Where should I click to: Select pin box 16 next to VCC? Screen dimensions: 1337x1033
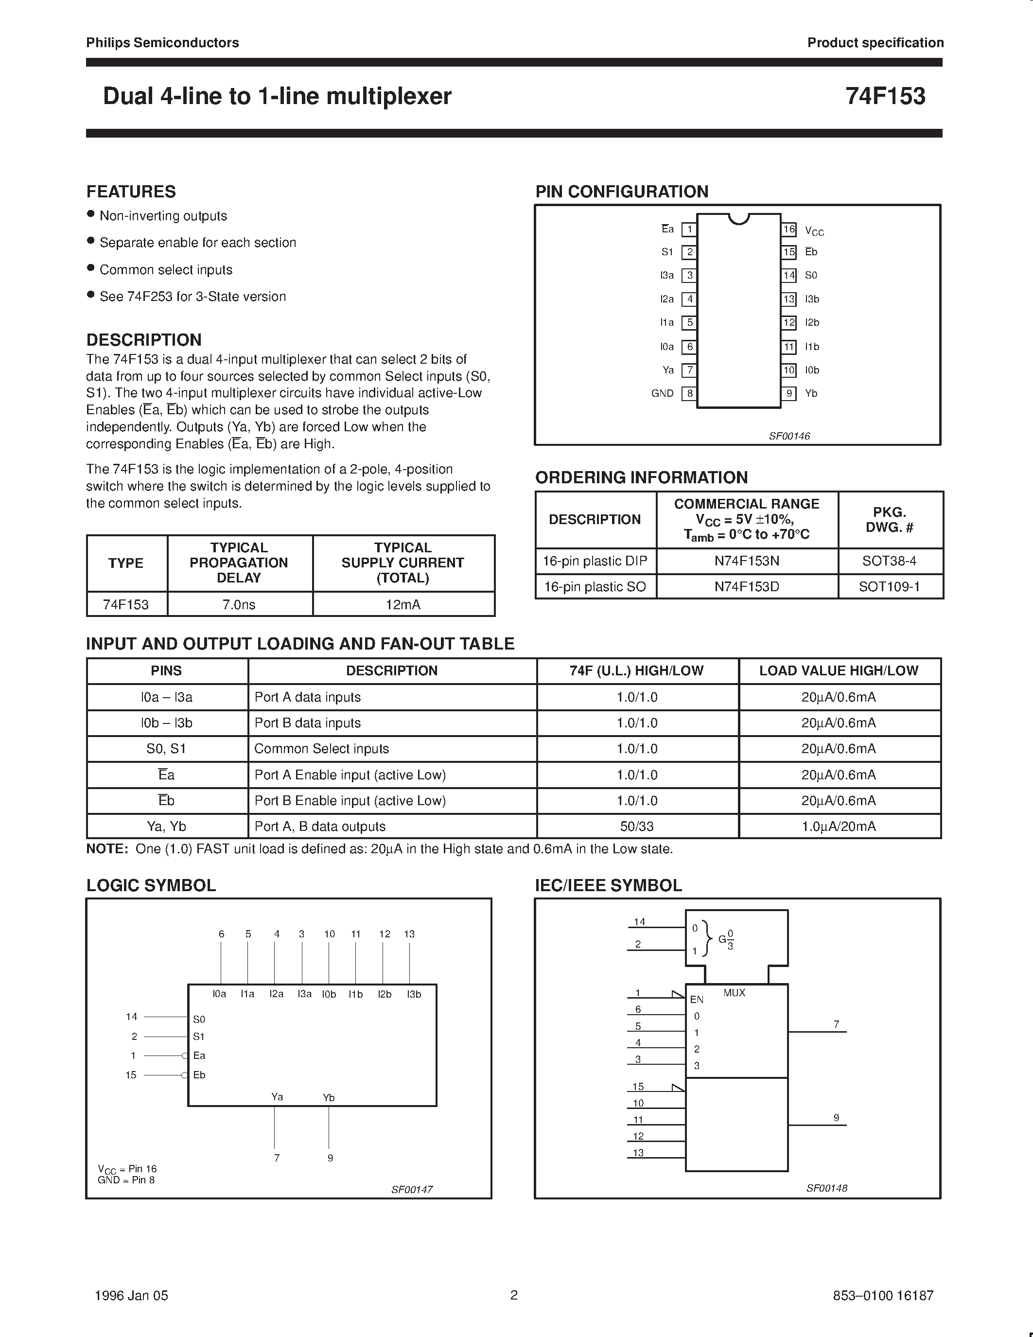789,229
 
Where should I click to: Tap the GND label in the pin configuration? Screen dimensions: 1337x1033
662,393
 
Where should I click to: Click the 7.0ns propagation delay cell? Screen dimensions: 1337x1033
239,604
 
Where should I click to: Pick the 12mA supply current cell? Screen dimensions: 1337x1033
403,604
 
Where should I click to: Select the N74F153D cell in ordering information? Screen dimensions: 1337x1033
747,586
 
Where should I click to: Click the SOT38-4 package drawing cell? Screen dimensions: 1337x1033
889,560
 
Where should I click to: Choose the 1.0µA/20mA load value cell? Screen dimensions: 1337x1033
839,826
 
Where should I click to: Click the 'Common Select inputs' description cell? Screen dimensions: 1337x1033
321,748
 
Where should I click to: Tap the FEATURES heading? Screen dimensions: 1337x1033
131,192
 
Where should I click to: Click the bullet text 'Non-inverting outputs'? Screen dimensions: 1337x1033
163,215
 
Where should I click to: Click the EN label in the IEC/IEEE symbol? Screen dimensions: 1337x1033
697,1000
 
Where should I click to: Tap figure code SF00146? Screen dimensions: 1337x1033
789,436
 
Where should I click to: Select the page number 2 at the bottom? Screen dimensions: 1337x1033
514,1295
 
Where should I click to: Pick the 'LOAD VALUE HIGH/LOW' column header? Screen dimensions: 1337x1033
839,670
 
